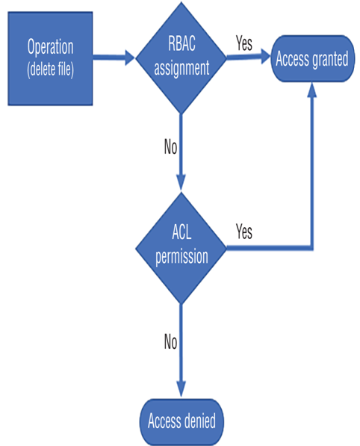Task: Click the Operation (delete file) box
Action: pos(50,58)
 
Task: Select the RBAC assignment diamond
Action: pos(181,58)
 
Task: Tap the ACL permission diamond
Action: pos(181,248)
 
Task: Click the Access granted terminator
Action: pos(312,58)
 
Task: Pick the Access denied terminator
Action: pos(181,421)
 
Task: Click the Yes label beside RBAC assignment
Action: pos(244,43)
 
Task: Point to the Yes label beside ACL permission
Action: pos(244,232)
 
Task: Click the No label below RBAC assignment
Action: pos(170,146)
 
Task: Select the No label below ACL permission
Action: pos(170,341)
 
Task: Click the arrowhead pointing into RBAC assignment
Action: pos(130,58)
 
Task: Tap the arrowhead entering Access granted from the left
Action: pos(266,56)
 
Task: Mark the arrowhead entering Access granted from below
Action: pos(312,90)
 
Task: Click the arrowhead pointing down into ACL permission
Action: pos(181,182)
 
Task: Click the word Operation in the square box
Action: pos(50,47)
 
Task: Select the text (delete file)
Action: pos(50,69)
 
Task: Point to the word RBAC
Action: pos(181,43)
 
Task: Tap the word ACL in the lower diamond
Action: pos(181,232)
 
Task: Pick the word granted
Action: pos(330,60)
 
